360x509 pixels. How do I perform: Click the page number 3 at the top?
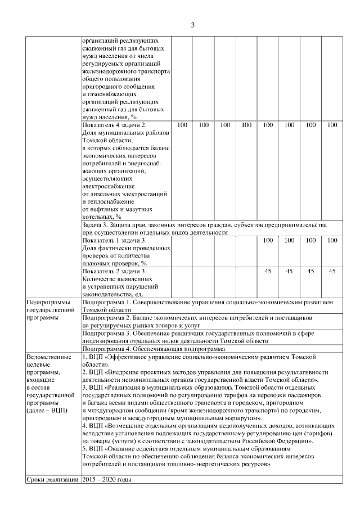point(193,25)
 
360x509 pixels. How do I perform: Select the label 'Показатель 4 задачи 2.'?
point(114,125)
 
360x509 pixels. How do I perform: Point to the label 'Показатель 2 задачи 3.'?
point(114,271)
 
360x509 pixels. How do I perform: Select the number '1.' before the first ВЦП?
point(85,357)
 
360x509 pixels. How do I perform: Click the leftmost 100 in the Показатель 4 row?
point(182,125)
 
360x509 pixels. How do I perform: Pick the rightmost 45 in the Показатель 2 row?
point(332,271)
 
